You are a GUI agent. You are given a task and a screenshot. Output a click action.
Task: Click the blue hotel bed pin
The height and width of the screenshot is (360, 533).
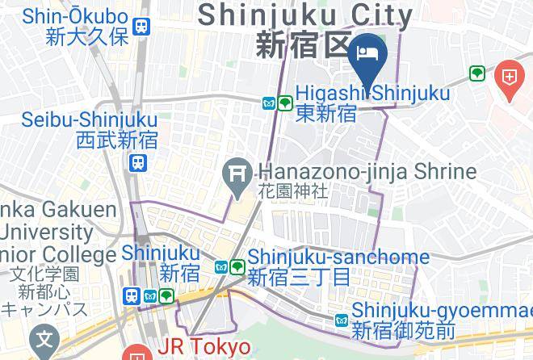click(x=371, y=52)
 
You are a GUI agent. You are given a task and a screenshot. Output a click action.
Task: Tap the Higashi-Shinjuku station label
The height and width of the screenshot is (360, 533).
click(x=372, y=94)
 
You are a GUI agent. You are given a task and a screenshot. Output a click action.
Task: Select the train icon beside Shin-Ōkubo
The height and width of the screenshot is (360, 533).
click(x=143, y=26)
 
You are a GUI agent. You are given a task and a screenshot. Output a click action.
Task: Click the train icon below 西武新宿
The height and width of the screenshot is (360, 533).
click(x=137, y=163)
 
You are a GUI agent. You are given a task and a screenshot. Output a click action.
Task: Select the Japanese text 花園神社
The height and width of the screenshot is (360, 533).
click(x=293, y=192)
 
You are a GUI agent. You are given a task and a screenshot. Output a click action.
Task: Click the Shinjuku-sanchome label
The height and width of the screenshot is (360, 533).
click(x=338, y=257)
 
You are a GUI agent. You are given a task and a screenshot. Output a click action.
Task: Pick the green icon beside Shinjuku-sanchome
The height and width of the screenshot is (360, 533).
click(x=237, y=266)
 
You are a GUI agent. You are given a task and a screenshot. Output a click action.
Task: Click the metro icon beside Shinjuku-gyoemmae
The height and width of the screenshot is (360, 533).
click(x=341, y=320)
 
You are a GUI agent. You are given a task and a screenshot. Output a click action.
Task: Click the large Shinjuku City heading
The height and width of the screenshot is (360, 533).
click(x=305, y=15)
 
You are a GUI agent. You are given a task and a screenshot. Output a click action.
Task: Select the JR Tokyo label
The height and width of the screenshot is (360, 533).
click(x=203, y=346)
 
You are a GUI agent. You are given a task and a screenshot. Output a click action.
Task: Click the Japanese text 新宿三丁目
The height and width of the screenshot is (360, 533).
click(x=300, y=278)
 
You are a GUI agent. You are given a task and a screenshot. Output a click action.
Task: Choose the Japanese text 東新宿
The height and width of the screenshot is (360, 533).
click(x=326, y=113)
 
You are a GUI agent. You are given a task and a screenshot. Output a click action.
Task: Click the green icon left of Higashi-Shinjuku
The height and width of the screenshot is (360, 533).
click(x=285, y=103)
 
